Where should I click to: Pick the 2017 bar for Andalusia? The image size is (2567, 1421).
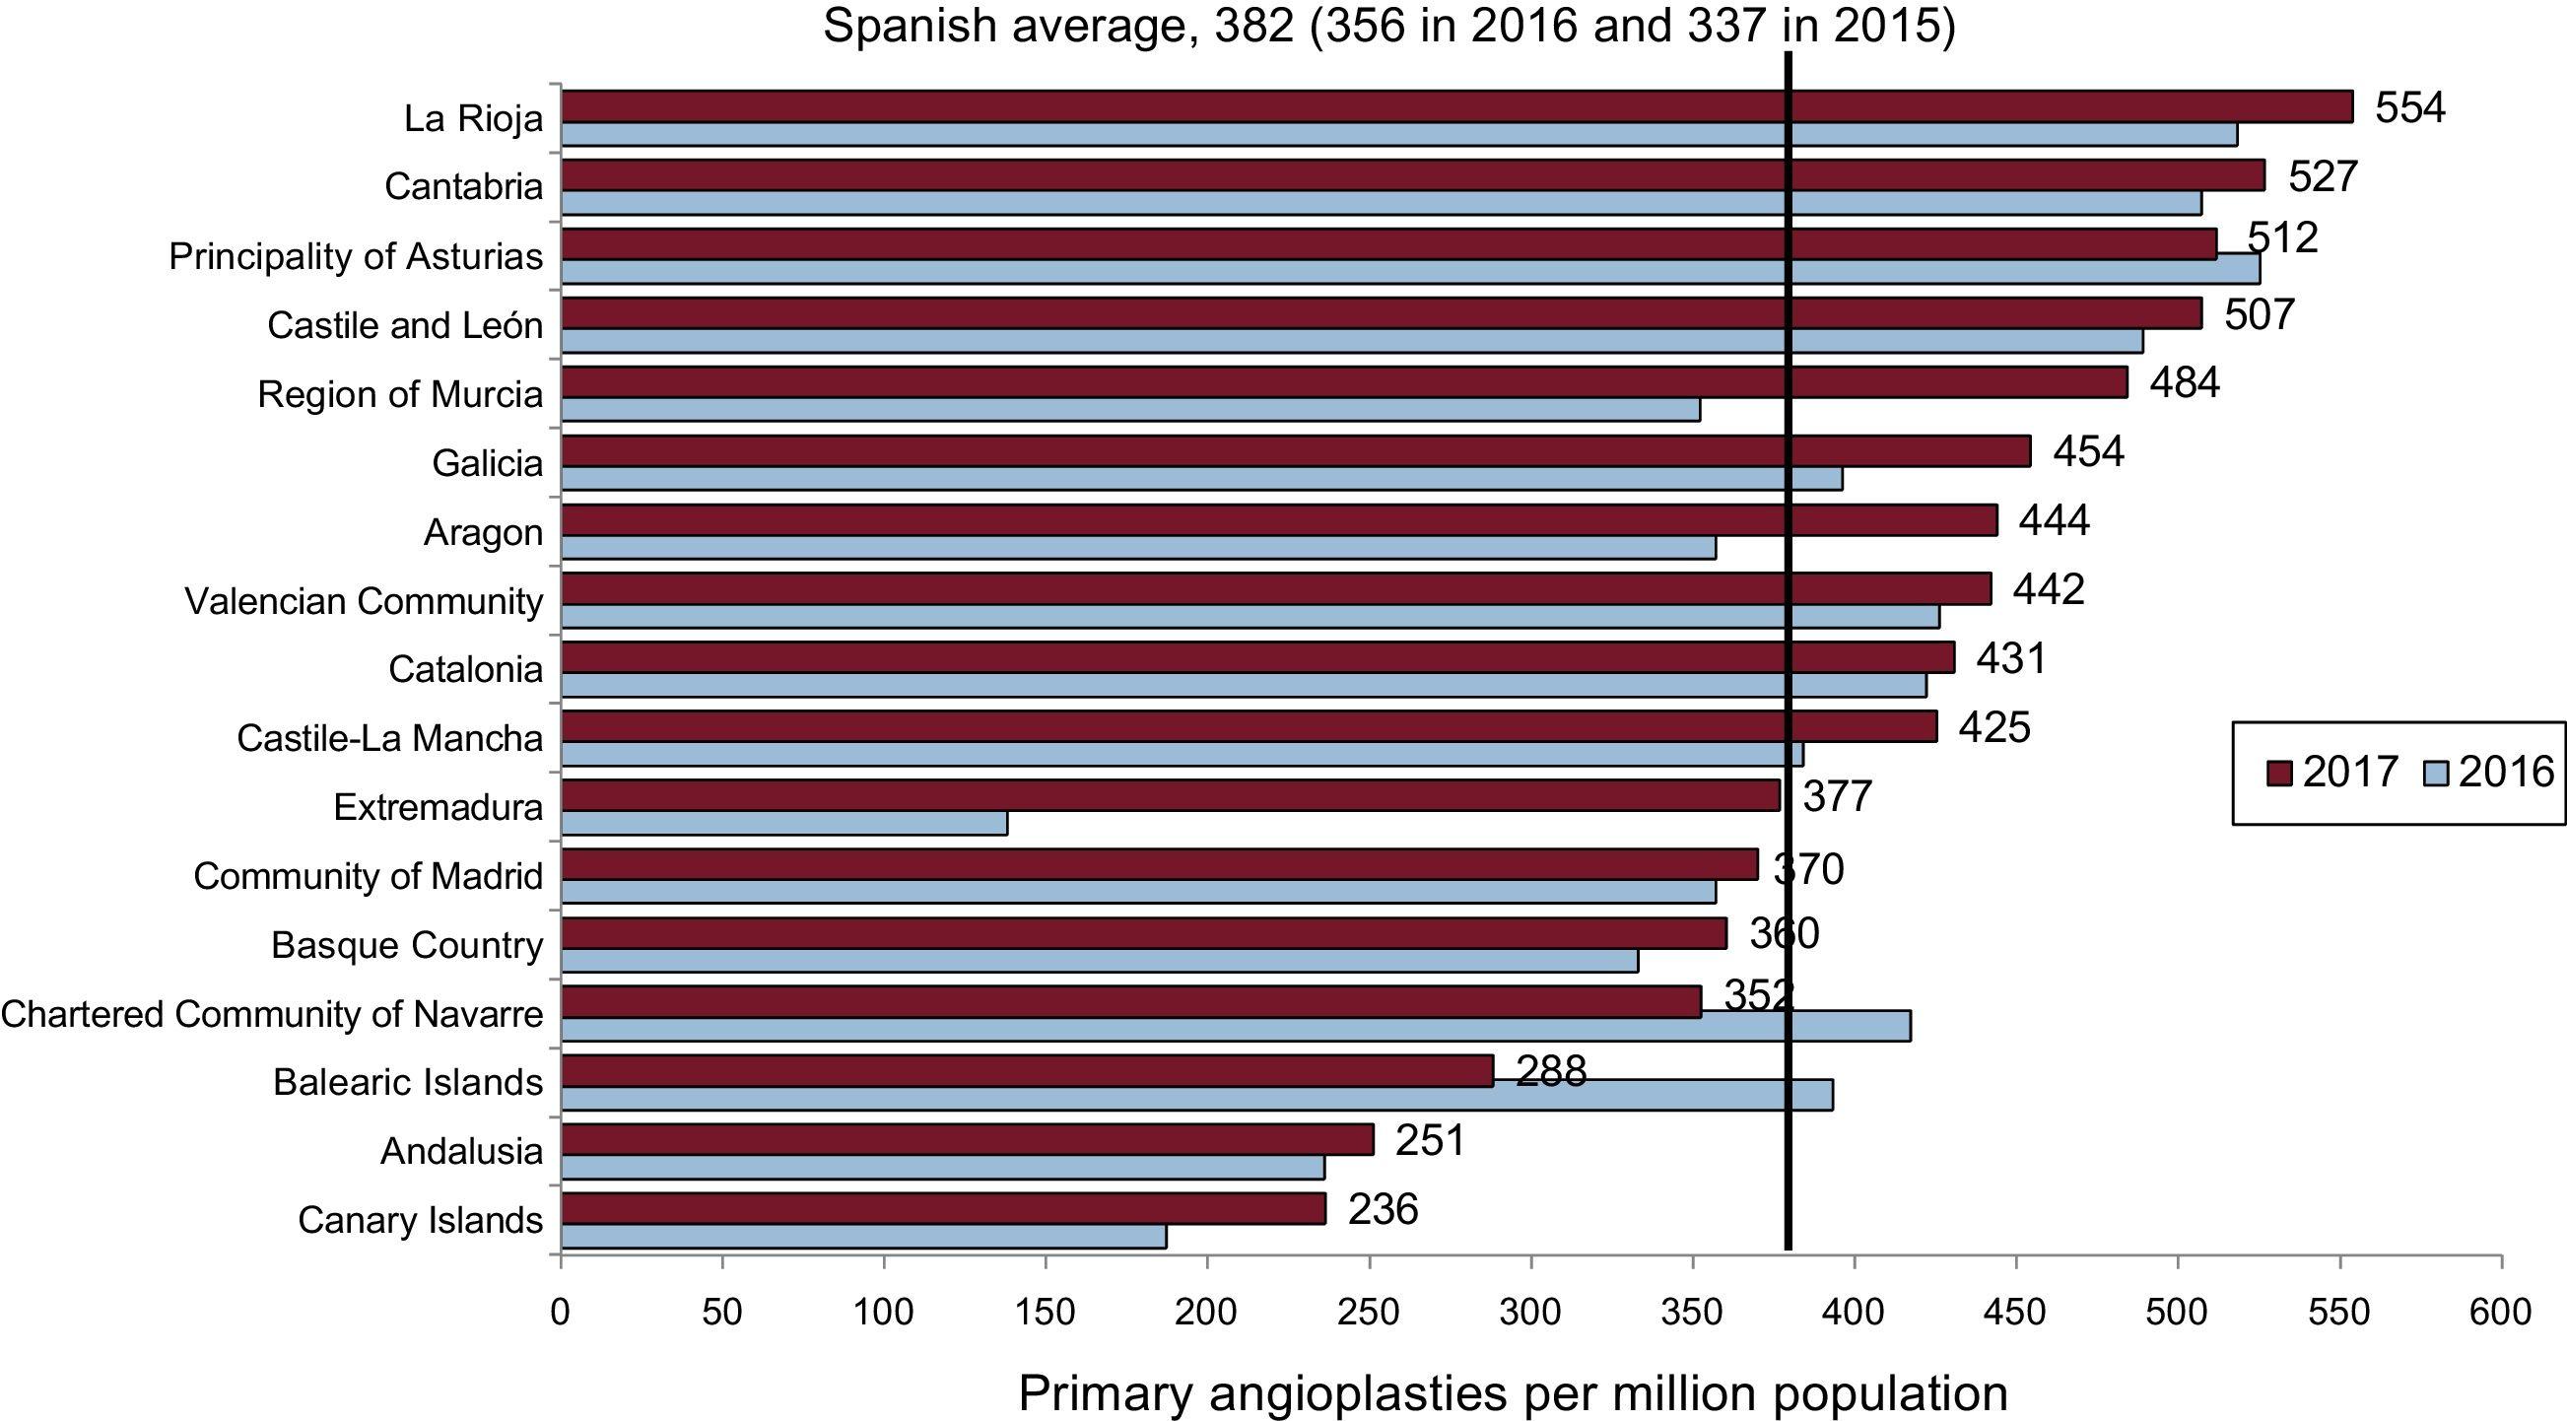coord(967,1139)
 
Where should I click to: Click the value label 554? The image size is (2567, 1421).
coord(2409,107)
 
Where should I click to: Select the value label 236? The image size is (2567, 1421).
coord(1383,1210)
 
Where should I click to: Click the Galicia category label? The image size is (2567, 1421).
coord(488,463)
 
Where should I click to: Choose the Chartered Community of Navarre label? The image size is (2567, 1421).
coord(272,1014)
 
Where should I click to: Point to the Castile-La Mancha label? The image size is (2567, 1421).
coord(389,738)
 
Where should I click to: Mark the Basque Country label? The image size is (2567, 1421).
coord(407,945)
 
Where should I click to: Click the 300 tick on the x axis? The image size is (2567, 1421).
coord(1530,1313)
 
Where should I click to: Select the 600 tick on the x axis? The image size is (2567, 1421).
coord(2500,1313)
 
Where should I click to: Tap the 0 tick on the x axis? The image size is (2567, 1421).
coord(561,1313)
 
